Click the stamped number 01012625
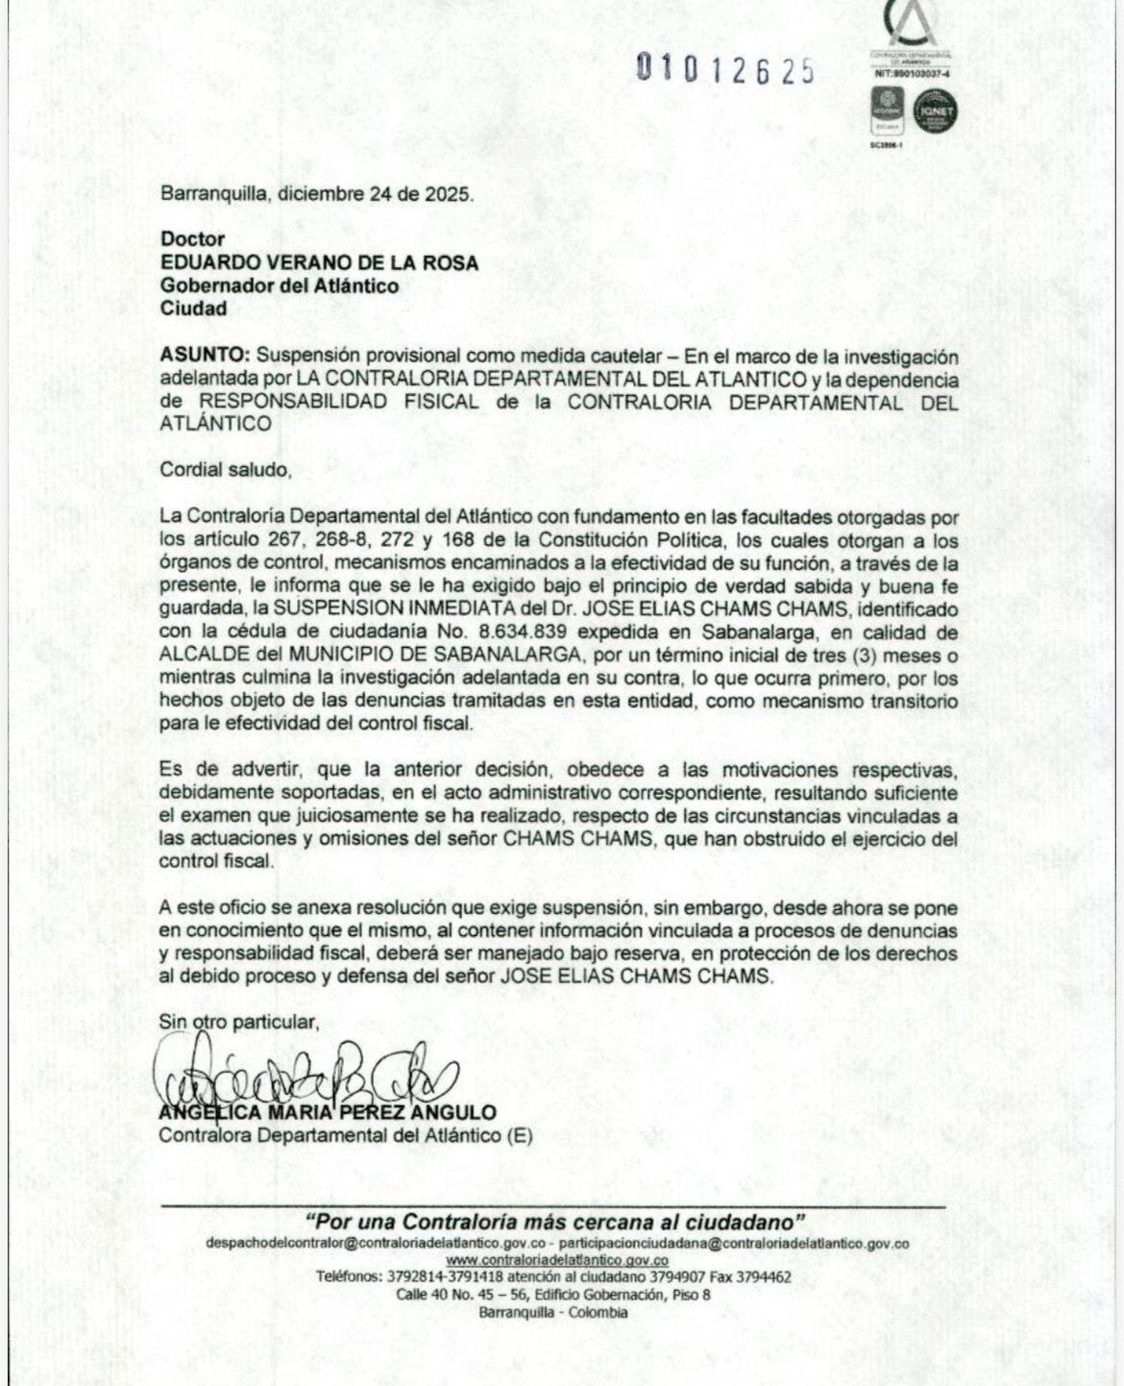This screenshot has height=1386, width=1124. point(726,70)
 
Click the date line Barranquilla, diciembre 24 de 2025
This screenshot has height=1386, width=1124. point(316,193)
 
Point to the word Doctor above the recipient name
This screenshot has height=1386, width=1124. point(192,238)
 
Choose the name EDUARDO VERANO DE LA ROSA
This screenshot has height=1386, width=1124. point(319,262)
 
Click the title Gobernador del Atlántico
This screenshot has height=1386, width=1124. point(280,285)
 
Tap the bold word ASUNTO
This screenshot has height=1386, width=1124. point(195,356)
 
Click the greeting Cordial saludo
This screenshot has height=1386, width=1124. point(224,471)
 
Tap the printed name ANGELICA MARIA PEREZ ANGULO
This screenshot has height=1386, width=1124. point(328,1113)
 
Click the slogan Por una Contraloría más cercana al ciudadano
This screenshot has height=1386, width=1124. point(555,1223)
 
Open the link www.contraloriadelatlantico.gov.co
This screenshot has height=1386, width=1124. point(557,1260)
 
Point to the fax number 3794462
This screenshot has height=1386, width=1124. point(764,1277)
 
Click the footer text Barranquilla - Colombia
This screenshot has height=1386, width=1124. point(554,1312)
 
